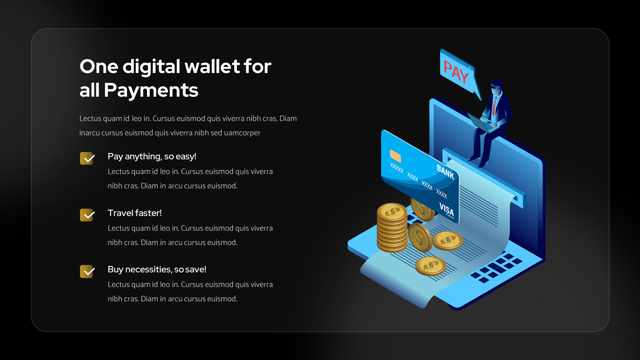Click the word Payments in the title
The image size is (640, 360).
click(x=151, y=90)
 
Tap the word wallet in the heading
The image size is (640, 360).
click(x=212, y=66)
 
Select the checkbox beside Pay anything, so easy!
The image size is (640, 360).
click(x=87, y=158)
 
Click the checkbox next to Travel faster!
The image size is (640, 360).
click(x=87, y=215)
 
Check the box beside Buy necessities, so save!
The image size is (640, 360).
click(x=87, y=271)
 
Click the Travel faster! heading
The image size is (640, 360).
click(x=134, y=213)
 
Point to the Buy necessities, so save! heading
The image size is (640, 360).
click(x=157, y=269)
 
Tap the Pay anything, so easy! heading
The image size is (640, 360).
click(x=152, y=156)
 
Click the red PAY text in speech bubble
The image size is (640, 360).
click(x=456, y=72)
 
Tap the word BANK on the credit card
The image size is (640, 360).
click(x=445, y=172)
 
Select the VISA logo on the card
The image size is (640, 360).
click(x=447, y=209)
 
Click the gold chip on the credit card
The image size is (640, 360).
click(x=395, y=156)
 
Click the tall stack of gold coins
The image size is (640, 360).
click(x=392, y=228)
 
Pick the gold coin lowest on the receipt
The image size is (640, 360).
click(x=431, y=266)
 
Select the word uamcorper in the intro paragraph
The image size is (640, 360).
click(x=242, y=133)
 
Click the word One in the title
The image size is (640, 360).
click(x=99, y=66)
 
